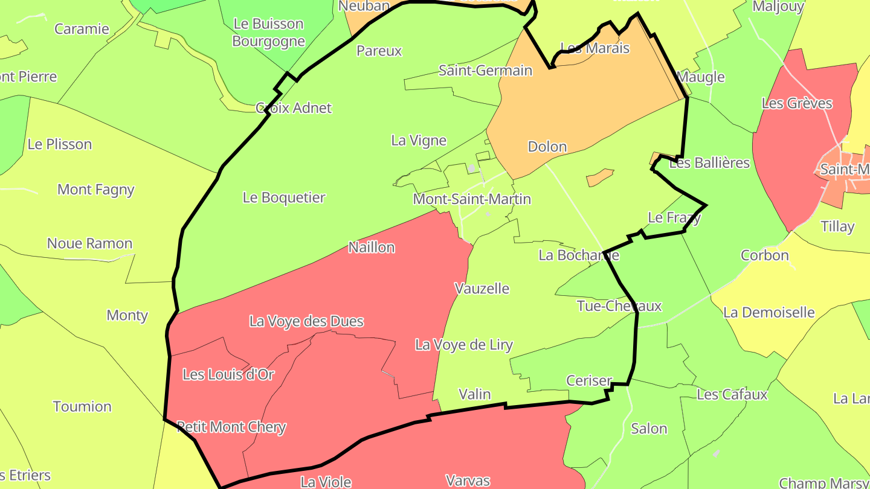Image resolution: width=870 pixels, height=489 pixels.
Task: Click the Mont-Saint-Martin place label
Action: pos(472,199)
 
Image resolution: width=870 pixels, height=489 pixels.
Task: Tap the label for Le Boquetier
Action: pos(284,197)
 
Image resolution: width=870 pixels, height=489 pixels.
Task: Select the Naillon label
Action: pos(372,247)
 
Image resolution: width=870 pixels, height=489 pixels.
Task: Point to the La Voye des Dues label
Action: pos(306,321)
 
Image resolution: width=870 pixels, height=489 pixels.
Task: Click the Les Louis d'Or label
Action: pos(228,374)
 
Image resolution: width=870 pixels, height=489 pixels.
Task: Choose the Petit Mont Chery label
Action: pos(231,427)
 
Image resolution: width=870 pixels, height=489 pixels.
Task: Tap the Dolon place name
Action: pos(547,147)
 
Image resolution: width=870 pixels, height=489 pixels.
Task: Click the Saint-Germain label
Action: pos(485,71)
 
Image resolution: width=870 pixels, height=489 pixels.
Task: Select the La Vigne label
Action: pos(419,141)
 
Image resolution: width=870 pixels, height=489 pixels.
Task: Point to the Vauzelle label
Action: pos(482,289)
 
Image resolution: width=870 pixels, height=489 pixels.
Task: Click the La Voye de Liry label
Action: pos(463,345)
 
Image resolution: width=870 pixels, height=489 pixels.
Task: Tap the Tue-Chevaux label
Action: pos(619,306)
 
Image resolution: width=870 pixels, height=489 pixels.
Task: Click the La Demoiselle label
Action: pos(768,313)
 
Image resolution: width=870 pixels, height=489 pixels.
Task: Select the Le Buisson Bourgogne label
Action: pos(268,33)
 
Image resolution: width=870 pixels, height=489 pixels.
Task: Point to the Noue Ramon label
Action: pos(89,243)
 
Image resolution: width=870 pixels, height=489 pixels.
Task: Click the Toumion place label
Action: pos(82,406)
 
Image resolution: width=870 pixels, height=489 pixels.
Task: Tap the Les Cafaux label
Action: pos(732,395)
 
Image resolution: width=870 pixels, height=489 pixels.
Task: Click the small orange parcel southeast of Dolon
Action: pos(600,177)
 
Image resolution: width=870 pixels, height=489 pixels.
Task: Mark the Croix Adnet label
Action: pos(294,108)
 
